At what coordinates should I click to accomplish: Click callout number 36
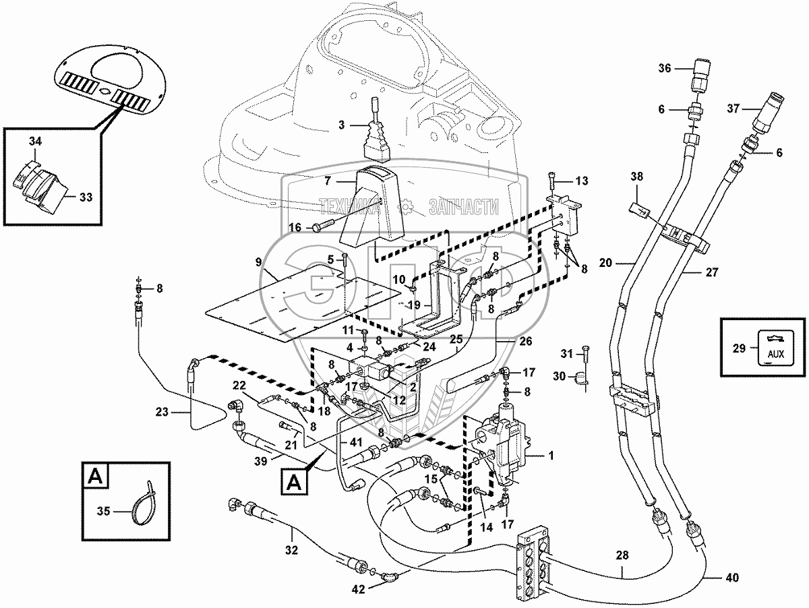tap(665, 67)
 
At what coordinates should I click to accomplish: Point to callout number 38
tap(637, 177)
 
